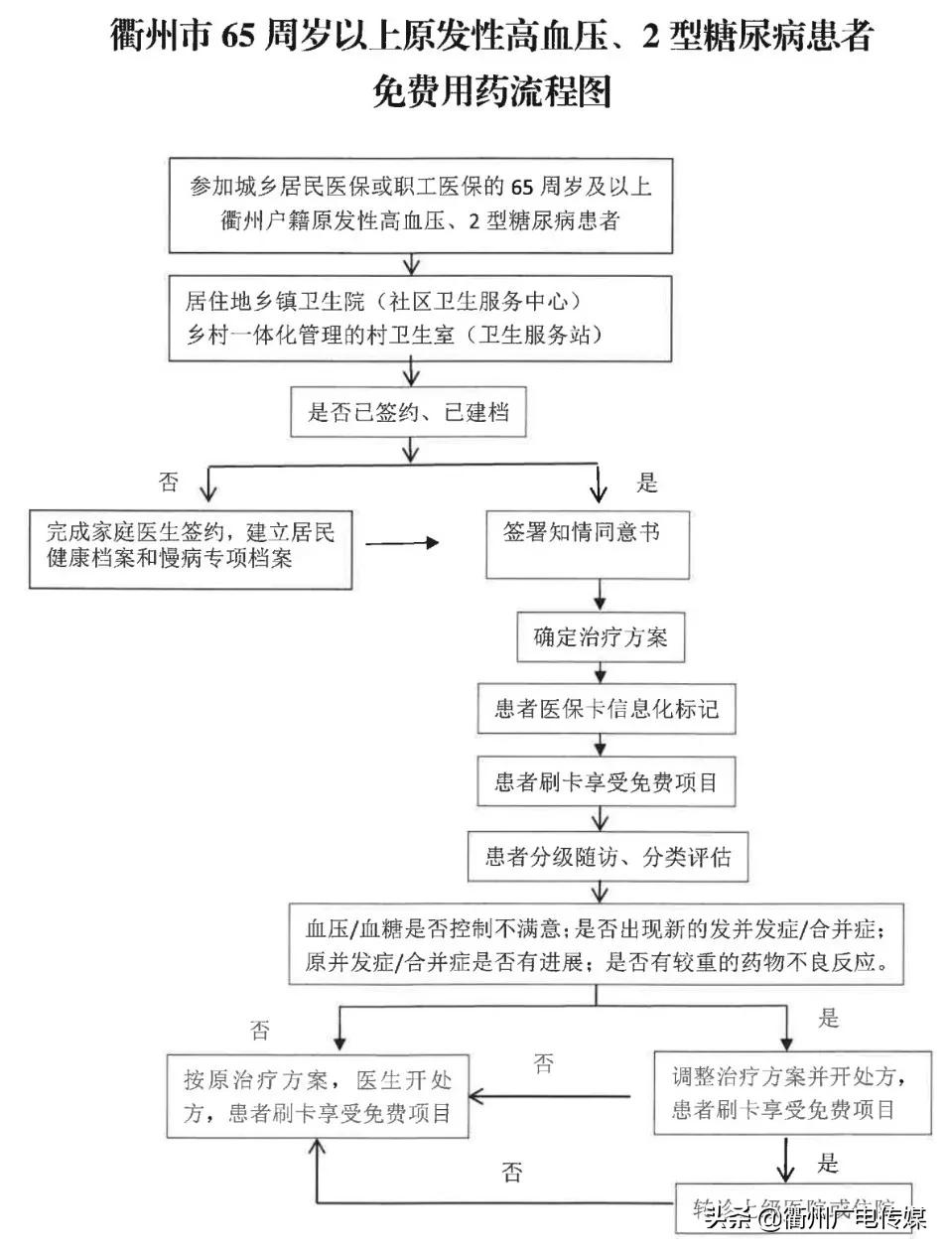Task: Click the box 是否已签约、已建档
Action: tap(408, 412)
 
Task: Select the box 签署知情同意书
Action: tap(587, 544)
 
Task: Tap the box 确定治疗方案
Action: tap(601, 637)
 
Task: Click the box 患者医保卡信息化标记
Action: tap(606, 709)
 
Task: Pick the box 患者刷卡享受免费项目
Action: tap(606, 782)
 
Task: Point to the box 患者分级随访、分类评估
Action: tap(607, 857)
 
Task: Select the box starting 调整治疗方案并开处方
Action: tap(791, 1092)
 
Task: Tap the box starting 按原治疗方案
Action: tap(317, 1096)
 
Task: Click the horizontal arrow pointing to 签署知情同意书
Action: tap(402, 543)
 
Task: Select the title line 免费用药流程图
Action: tap(491, 91)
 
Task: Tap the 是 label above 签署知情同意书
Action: tap(647, 484)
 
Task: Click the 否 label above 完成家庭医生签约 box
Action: tap(170, 482)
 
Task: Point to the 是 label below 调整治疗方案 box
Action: tap(828, 1163)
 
